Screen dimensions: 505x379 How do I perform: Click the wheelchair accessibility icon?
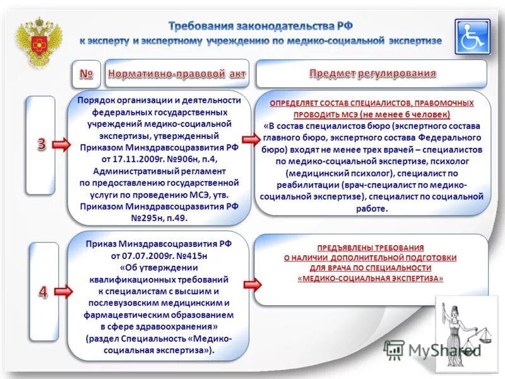click(x=472, y=36)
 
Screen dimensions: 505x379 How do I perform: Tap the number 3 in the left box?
click(x=40, y=144)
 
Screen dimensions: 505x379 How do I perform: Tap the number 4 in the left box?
click(x=43, y=291)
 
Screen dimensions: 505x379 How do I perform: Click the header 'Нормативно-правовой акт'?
click(x=177, y=74)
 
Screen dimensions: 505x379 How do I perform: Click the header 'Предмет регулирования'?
click(x=372, y=73)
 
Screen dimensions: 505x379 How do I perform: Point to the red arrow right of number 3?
click(x=62, y=145)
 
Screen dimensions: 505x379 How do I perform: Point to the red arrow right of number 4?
click(x=62, y=292)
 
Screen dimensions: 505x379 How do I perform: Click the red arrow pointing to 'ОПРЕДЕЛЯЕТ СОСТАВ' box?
click(x=251, y=140)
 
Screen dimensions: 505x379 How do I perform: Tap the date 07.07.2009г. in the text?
click(x=139, y=256)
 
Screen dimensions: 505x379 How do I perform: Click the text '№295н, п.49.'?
click(x=159, y=218)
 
